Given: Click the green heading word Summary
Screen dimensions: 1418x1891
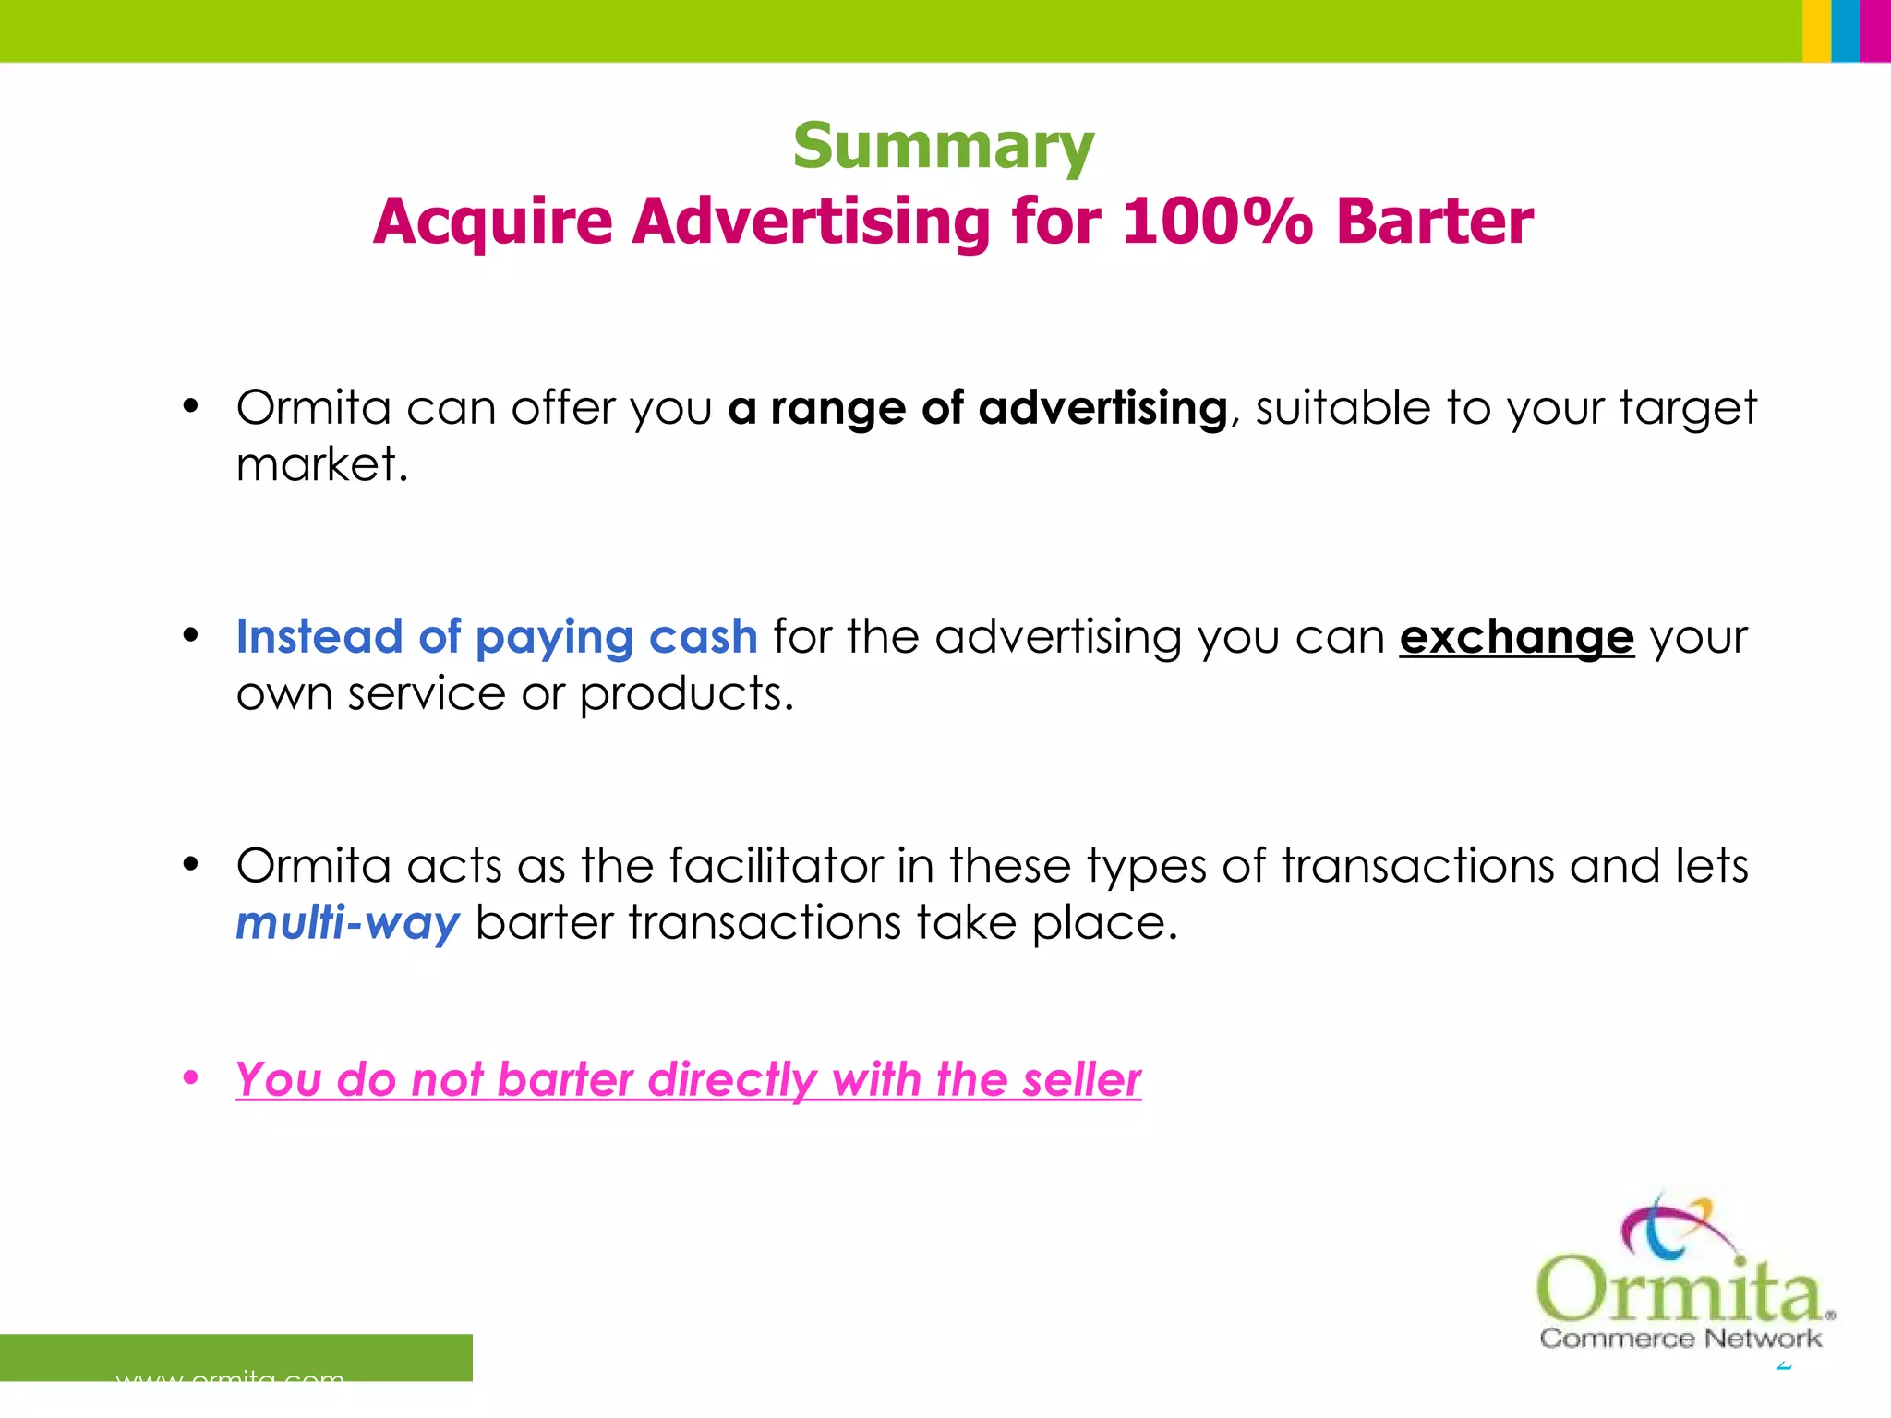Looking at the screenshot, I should click(943, 148).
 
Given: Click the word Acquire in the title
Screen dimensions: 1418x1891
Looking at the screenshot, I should click(493, 223).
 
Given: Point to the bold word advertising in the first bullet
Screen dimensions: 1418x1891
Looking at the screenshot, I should click(1102, 408).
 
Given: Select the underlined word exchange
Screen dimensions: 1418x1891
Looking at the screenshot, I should click(1516, 638).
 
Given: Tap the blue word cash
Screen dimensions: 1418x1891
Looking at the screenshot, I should click(703, 637).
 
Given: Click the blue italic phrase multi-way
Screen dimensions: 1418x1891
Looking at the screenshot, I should click(347, 923).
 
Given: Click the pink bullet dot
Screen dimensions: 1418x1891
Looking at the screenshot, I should click(191, 1077).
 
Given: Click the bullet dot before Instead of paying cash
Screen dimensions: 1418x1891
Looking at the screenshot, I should click(191, 635).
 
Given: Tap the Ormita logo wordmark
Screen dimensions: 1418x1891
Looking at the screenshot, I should click(1680, 1287).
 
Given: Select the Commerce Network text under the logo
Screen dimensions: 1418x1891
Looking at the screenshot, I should click(1680, 1339).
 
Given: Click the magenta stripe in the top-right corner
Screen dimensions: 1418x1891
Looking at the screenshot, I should click(1875, 30).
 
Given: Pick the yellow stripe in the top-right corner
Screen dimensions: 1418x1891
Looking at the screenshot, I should click(1816, 30).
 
